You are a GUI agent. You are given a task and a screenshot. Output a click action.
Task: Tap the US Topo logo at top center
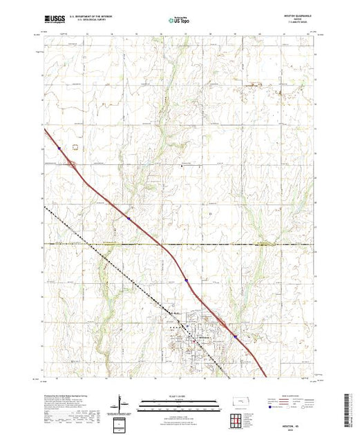[178, 20]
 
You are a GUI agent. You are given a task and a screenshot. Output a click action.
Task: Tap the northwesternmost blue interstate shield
[60, 147]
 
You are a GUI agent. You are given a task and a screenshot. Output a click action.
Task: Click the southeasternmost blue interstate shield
[235, 337]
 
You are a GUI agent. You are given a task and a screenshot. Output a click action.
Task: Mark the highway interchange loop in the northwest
[73, 164]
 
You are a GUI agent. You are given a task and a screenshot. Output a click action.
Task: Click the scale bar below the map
[179, 400]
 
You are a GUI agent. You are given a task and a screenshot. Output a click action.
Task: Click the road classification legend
[294, 400]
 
